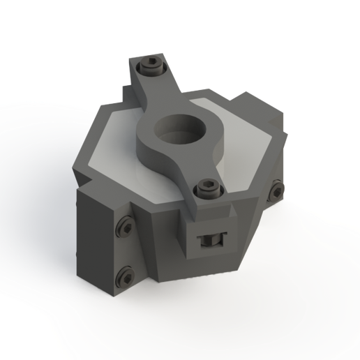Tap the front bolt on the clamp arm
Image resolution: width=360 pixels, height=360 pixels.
tap(204, 187)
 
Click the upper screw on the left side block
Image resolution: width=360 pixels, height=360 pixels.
tap(125, 226)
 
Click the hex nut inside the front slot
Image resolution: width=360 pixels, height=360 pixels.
tap(208, 241)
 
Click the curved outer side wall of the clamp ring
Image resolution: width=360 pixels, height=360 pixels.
tap(157, 150)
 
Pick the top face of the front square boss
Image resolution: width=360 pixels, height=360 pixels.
tap(209, 209)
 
